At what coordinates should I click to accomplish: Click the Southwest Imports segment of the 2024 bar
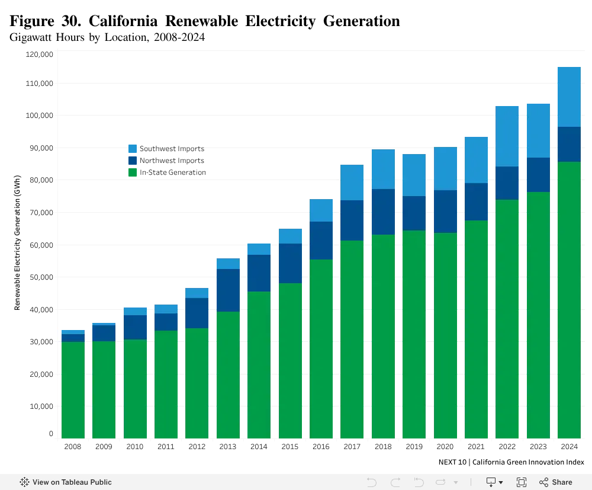[569, 97]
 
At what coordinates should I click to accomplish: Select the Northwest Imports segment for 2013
[228, 290]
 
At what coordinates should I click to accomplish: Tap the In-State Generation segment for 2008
[73, 390]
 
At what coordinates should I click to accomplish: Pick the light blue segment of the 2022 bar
[507, 136]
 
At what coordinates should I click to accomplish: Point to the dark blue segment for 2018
[383, 212]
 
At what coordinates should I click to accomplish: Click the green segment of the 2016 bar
[321, 349]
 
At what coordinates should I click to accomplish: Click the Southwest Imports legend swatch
[133, 149]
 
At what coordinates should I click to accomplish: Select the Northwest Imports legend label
[172, 161]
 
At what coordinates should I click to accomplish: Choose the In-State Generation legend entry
[168, 172]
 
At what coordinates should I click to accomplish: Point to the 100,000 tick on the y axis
[39, 116]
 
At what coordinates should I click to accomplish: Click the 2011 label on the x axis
[166, 447]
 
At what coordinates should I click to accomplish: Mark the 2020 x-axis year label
[445, 447]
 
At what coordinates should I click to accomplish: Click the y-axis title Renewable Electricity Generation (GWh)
[17, 242]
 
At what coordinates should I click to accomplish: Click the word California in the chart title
[123, 21]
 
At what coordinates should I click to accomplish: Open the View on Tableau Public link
[66, 482]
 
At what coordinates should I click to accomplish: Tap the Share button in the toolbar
[556, 482]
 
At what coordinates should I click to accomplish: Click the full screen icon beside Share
[522, 482]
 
